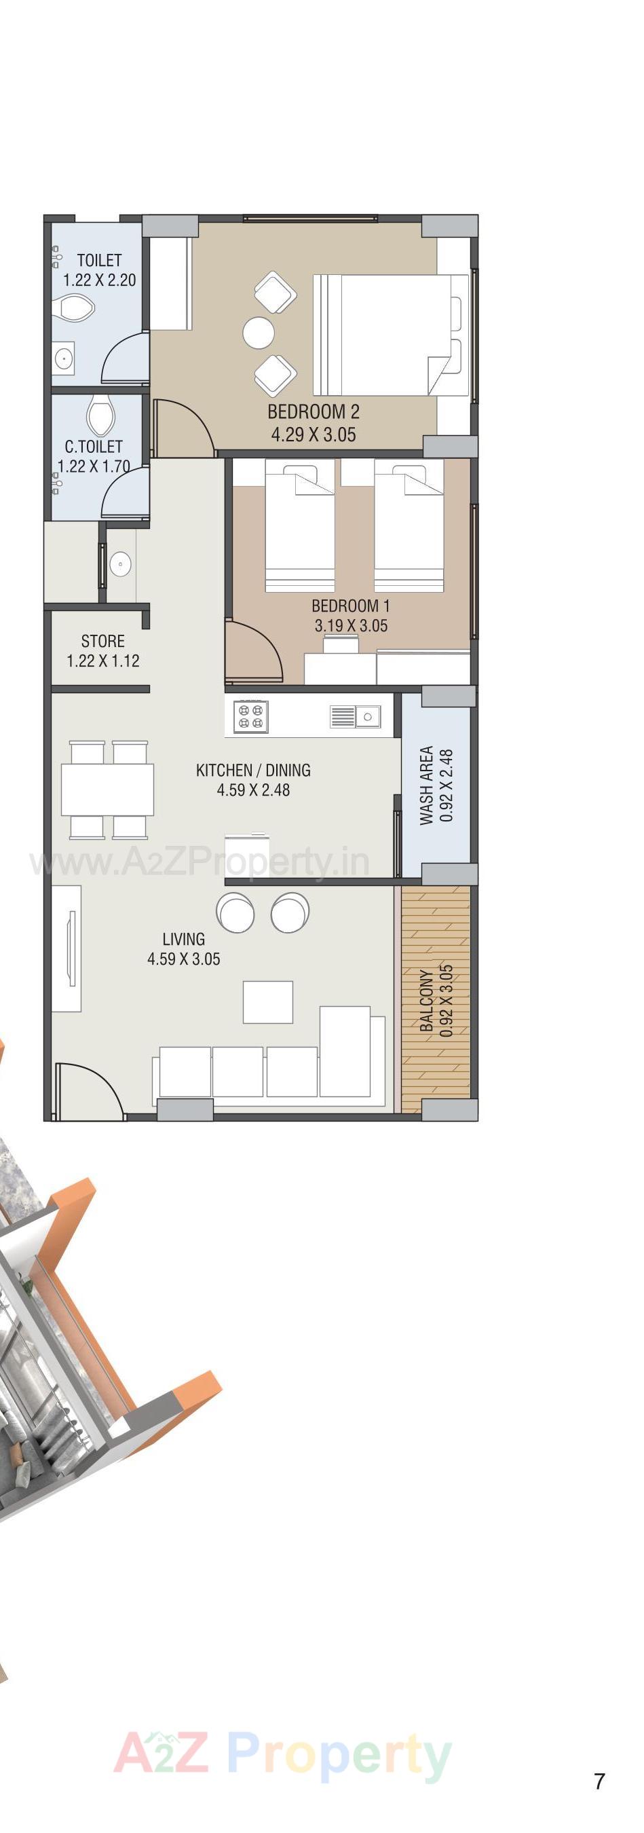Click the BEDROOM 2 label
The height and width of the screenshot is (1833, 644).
click(313, 411)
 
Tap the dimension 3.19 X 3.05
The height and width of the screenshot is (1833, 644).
click(351, 626)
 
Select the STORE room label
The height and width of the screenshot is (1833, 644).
click(102, 641)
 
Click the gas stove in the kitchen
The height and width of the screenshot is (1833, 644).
click(250, 716)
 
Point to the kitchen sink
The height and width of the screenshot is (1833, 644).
click(356, 716)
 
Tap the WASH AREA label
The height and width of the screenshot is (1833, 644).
click(426, 785)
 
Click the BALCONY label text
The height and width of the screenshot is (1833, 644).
click(426, 1000)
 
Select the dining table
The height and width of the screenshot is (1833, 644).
click(107, 789)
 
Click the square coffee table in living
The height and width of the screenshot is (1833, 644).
click(267, 1002)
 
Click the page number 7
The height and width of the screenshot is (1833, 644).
click(599, 1781)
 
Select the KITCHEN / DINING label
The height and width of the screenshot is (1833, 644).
click(253, 770)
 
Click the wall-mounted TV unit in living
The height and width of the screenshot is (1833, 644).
click(70, 949)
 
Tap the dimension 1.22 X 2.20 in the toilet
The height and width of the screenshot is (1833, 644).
click(100, 280)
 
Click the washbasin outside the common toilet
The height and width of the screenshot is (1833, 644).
click(120, 565)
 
